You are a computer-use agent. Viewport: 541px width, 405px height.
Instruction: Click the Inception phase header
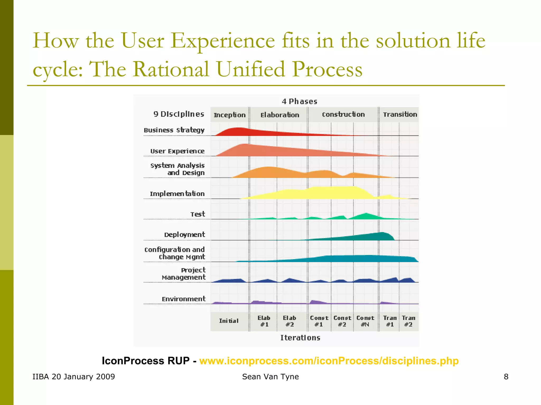click(230, 115)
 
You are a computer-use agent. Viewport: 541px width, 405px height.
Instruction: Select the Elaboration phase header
click(279, 115)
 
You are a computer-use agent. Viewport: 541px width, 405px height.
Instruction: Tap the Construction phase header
click(343, 114)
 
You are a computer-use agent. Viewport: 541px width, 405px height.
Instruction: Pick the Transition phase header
click(400, 114)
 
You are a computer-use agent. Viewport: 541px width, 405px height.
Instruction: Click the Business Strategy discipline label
click(174, 130)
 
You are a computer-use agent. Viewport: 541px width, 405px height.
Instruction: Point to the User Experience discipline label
click(177, 151)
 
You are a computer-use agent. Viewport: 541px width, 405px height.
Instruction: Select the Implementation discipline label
click(177, 194)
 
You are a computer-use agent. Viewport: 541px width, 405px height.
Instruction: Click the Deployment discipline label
click(184, 234)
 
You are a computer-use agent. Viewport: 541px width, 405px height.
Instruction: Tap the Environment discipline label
click(184, 299)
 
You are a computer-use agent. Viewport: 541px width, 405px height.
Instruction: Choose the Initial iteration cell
click(229, 321)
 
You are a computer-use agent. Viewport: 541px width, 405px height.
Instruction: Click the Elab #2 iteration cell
click(290, 321)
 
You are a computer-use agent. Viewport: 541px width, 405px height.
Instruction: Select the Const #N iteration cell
click(365, 321)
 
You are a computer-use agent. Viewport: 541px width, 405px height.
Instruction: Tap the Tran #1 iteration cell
click(390, 321)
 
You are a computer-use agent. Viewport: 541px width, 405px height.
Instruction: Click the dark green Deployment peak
click(382, 236)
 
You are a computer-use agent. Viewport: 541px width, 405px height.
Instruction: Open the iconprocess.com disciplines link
click(329, 361)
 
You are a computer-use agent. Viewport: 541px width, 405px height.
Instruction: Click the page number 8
click(506, 377)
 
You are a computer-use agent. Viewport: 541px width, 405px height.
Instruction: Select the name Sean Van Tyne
click(270, 377)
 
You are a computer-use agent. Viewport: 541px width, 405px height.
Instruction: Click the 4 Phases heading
click(299, 102)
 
